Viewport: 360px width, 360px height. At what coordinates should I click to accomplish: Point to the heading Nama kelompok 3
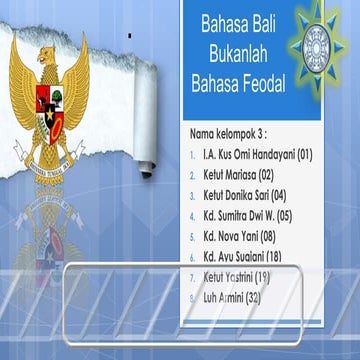(229, 133)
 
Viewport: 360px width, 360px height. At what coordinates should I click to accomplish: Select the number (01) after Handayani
(305, 155)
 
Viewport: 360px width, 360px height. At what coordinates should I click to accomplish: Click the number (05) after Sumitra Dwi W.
(284, 213)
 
